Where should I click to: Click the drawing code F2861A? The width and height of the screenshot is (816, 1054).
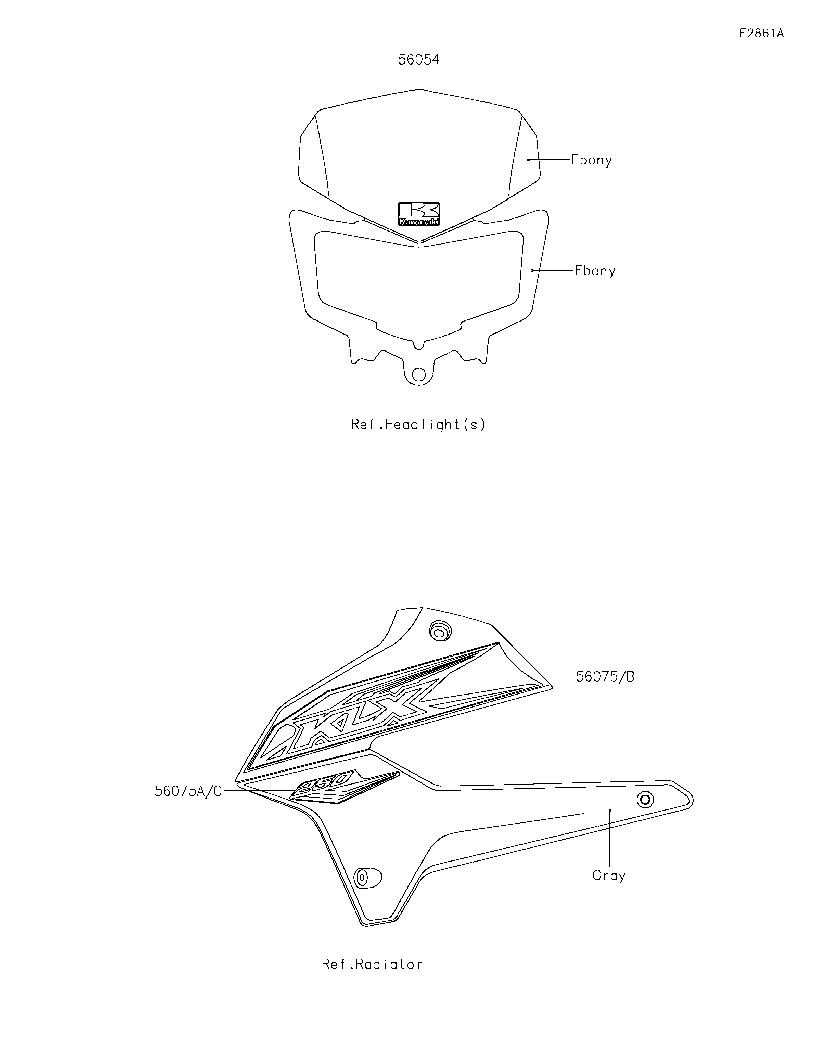761,33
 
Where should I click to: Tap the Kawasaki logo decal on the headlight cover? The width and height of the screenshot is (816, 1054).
419,213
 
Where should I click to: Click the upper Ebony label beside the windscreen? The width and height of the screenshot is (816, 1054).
591,160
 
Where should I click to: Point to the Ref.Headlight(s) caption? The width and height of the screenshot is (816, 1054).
418,425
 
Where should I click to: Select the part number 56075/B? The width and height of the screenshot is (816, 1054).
605,677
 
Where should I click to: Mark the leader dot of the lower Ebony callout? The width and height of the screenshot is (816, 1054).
532,271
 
